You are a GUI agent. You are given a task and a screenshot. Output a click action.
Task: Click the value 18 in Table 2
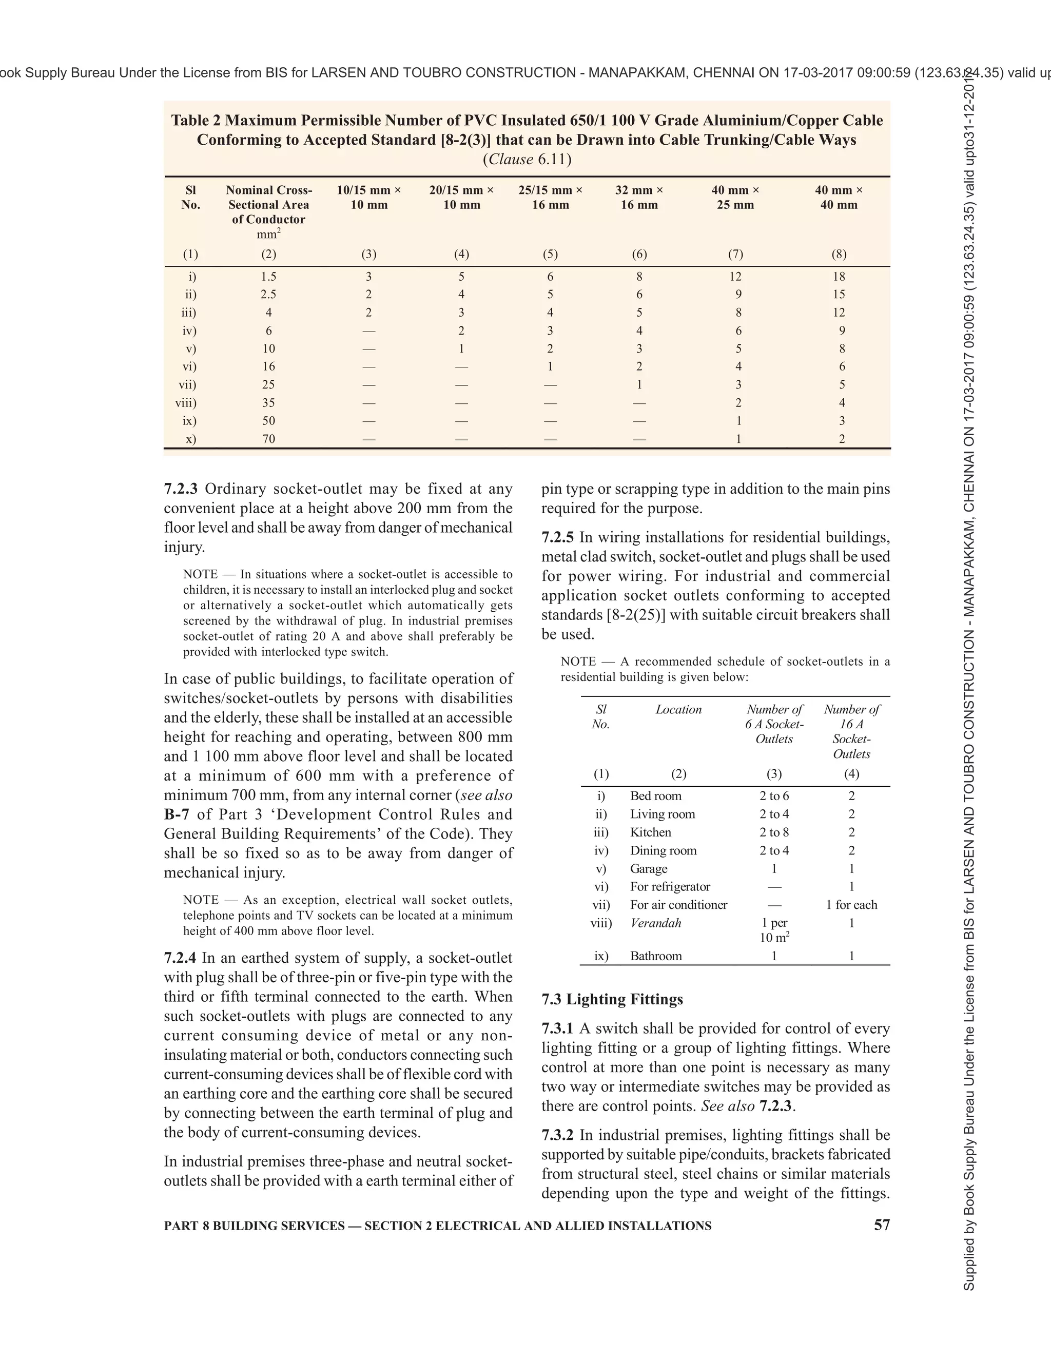click(x=839, y=277)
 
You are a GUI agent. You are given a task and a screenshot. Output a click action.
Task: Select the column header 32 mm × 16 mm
click(x=639, y=198)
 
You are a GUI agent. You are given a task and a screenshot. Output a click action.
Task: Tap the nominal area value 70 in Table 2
click(x=268, y=439)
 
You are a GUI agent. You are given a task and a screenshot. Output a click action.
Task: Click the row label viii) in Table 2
click(x=186, y=403)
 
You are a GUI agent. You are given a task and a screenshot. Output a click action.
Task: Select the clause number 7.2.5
click(x=558, y=537)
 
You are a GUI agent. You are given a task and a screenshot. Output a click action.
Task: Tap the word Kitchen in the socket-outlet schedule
click(x=650, y=832)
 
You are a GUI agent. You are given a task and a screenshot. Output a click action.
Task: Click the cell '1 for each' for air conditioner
click(x=851, y=905)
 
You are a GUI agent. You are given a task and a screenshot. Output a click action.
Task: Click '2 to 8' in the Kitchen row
click(x=774, y=832)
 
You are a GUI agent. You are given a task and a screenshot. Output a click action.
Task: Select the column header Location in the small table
click(x=678, y=710)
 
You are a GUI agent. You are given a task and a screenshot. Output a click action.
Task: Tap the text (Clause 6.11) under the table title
click(x=527, y=160)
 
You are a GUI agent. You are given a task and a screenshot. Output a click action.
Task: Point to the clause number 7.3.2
click(x=557, y=1135)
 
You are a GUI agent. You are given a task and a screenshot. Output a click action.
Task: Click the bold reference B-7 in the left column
click(x=176, y=814)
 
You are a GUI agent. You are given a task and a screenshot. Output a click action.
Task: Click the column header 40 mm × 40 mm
click(x=839, y=198)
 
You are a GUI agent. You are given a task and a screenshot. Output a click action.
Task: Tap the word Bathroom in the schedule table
click(x=656, y=956)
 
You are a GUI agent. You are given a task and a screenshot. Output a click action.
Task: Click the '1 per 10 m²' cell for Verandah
click(x=774, y=930)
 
